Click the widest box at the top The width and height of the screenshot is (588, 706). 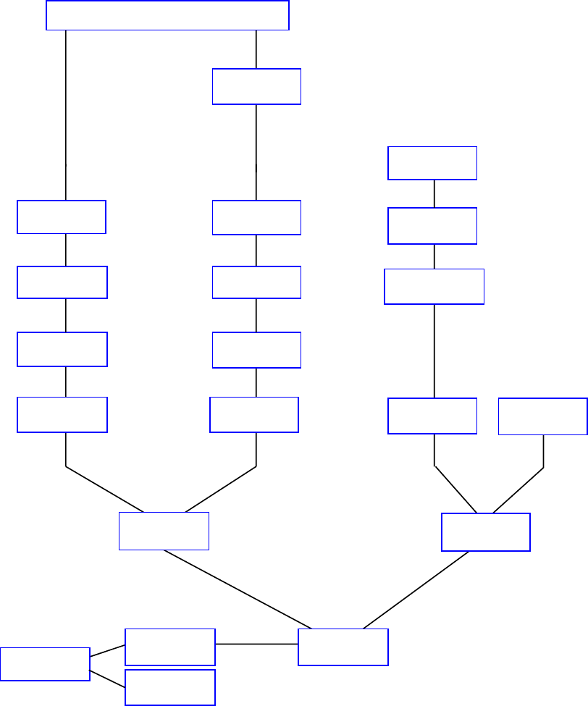click(x=167, y=15)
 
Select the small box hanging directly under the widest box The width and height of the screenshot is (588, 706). click(x=256, y=86)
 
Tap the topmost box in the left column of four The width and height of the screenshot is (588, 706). click(x=62, y=217)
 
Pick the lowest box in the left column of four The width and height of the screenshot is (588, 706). click(x=62, y=415)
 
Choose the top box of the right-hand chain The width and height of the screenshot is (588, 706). click(x=432, y=163)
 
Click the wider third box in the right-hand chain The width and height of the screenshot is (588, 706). click(x=434, y=287)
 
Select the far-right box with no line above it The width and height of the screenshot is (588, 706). click(x=542, y=416)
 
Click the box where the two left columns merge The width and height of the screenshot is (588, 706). click(x=164, y=531)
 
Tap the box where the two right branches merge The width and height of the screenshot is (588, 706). click(x=486, y=532)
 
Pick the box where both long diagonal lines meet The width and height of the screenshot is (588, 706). click(x=343, y=647)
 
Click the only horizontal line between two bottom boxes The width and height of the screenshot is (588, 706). click(x=256, y=644)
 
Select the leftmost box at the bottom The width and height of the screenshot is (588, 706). click(x=45, y=664)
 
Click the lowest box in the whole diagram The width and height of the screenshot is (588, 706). click(x=170, y=687)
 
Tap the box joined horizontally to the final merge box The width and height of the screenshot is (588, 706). click(x=170, y=647)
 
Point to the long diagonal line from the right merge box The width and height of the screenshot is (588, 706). click(x=416, y=590)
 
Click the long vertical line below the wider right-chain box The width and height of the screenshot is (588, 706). click(x=434, y=350)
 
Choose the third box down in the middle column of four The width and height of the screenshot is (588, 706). click(x=256, y=350)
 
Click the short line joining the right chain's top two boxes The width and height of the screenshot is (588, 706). click(x=434, y=193)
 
